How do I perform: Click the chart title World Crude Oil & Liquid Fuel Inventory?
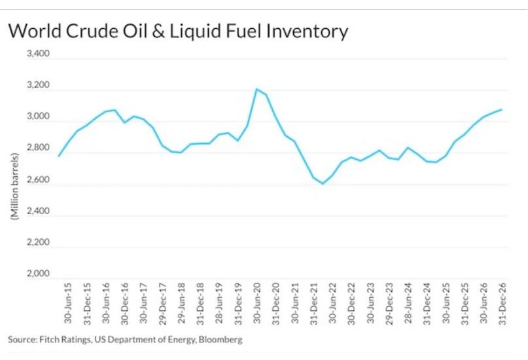tap(177, 31)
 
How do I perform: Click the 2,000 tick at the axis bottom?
tap(38, 274)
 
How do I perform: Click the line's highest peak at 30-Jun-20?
tap(256, 89)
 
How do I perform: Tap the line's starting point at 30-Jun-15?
tap(59, 156)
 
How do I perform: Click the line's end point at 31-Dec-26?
tap(502, 109)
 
